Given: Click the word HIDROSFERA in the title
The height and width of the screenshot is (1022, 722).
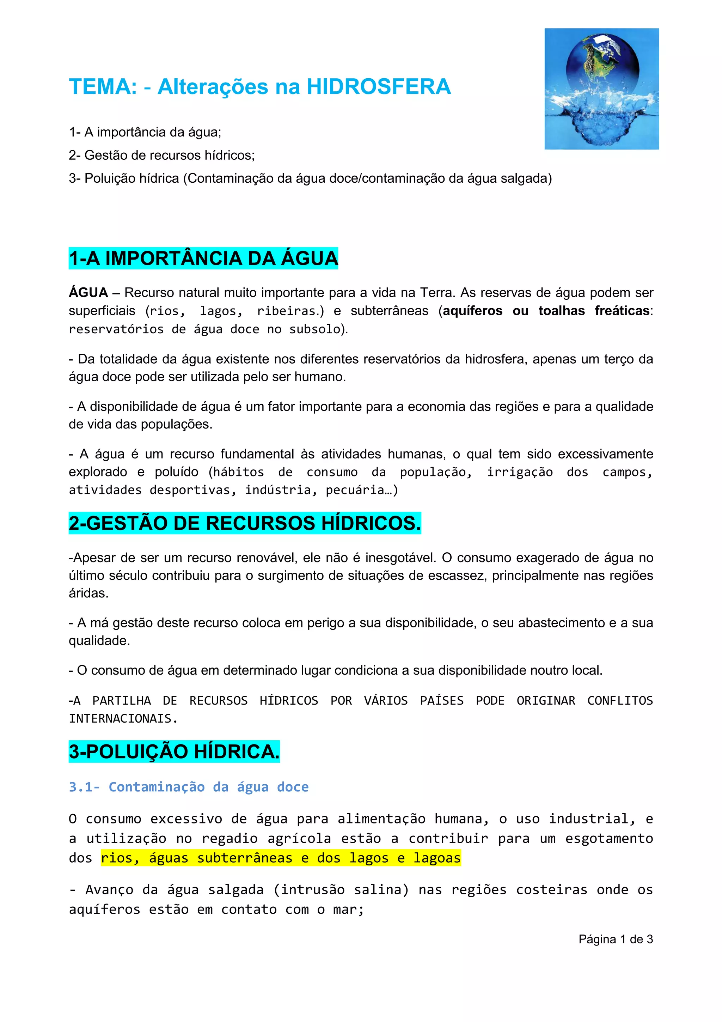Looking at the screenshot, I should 379,86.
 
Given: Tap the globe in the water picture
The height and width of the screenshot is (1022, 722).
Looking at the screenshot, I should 602,67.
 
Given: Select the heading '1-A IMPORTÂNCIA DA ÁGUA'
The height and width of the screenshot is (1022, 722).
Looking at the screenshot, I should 203,258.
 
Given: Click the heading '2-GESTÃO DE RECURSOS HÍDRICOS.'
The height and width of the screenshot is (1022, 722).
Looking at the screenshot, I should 245,523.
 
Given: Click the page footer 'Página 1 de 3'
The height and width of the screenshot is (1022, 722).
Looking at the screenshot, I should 615,939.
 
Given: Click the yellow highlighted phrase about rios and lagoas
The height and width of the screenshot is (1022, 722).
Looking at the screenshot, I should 281,857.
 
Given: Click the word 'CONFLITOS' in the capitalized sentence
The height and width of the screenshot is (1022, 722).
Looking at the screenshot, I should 620,701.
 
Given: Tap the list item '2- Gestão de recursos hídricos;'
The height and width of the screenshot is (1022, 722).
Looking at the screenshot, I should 162,156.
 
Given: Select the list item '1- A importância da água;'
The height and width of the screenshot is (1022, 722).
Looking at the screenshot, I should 145,132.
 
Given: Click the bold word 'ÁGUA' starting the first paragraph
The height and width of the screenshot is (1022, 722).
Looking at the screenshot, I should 88,293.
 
